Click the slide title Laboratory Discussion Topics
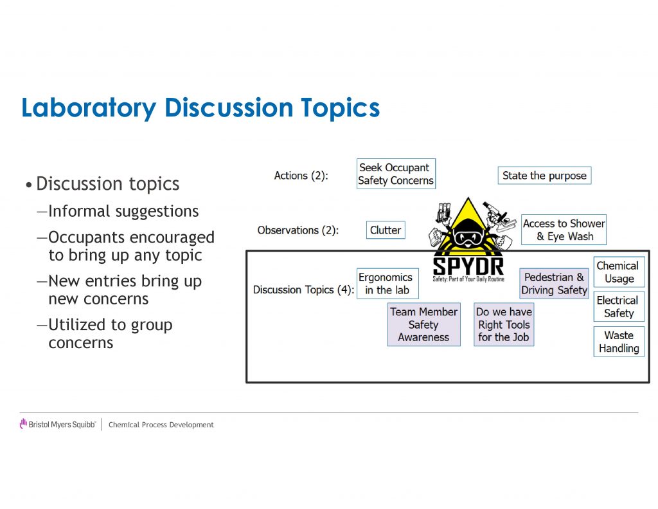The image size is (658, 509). pyautogui.click(x=200, y=108)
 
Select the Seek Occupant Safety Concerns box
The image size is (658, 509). pyautogui.click(x=396, y=174)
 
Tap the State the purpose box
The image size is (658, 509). pyautogui.click(x=545, y=175)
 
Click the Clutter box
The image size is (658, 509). pyautogui.click(x=386, y=230)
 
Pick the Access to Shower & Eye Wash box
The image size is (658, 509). pyautogui.click(x=564, y=230)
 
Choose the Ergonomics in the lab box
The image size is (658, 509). pyautogui.click(x=387, y=283)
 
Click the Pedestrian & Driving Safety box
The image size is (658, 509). pyautogui.click(x=554, y=283)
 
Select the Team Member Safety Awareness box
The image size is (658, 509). pyautogui.click(x=424, y=324)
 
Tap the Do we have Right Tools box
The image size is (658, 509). pyautogui.click(x=504, y=324)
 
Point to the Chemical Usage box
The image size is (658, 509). pyautogui.click(x=619, y=272)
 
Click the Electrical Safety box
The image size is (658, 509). pyautogui.click(x=619, y=306)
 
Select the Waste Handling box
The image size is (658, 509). pyautogui.click(x=619, y=341)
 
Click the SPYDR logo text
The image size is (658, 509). pyautogui.click(x=468, y=266)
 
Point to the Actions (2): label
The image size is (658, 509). pyautogui.click(x=301, y=175)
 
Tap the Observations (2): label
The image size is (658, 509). pyautogui.click(x=298, y=230)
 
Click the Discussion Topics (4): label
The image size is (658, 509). pyautogui.click(x=303, y=290)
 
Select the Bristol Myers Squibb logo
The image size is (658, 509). pyautogui.click(x=58, y=424)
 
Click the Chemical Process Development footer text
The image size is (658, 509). pyautogui.click(x=161, y=425)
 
